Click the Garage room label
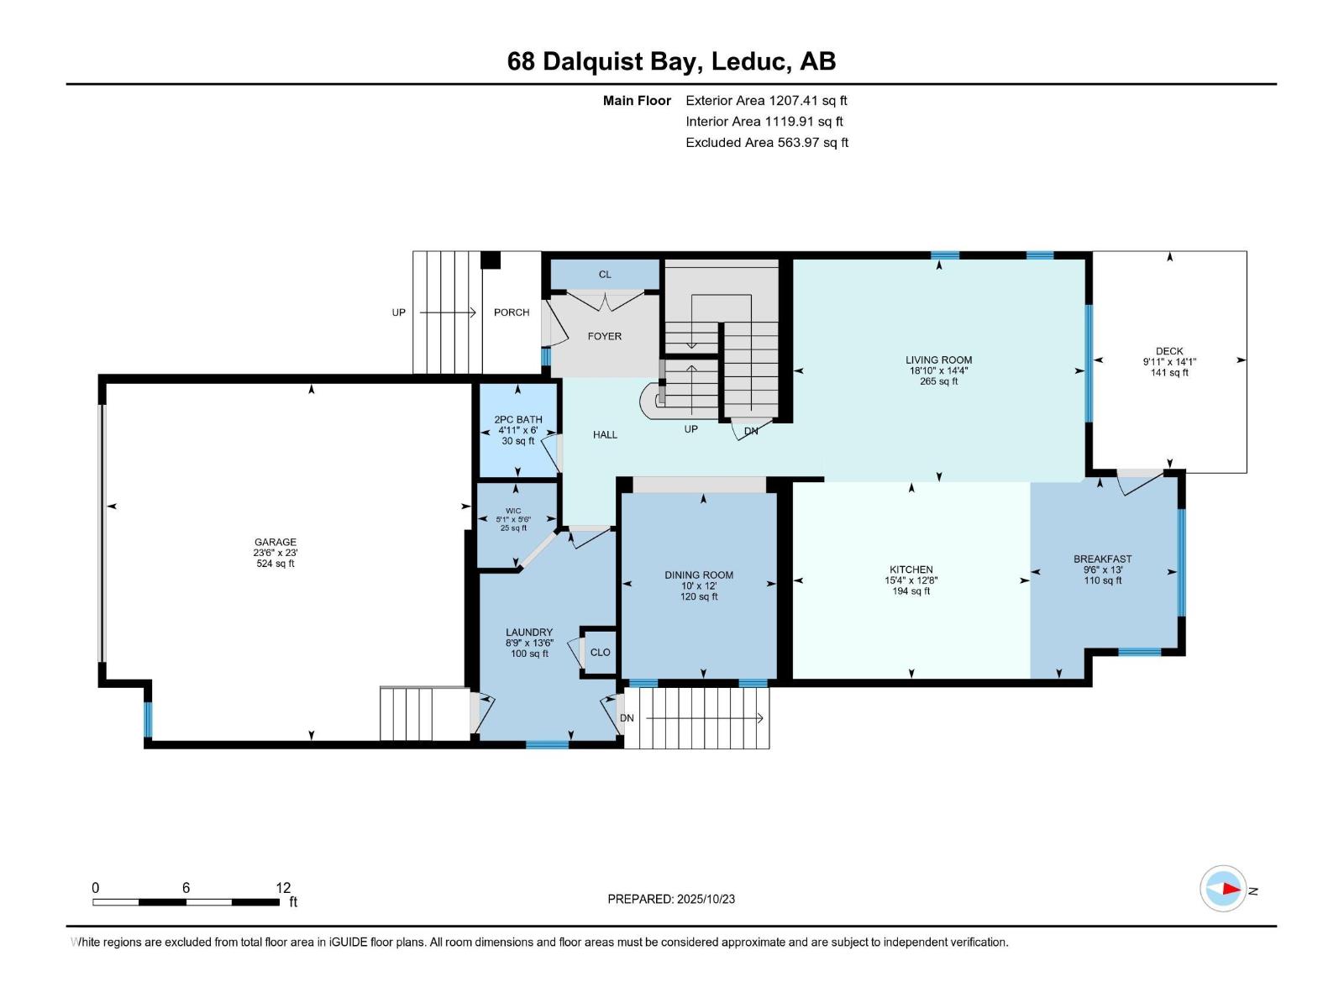click(x=276, y=543)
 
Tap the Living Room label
click(x=938, y=360)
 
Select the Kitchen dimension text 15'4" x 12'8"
click(x=911, y=580)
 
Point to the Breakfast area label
click(x=1102, y=559)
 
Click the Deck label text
click(x=1169, y=351)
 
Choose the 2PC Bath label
click(x=518, y=419)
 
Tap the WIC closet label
click(x=513, y=511)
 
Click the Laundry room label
click(x=529, y=633)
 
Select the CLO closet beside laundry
click(x=600, y=653)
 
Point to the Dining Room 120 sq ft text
click(x=699, y=597)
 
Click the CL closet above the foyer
click(x=605, y=275)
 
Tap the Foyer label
click(x=605, y=336)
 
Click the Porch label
click(x=512, y=312)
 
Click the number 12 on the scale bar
click(x=283, y=888)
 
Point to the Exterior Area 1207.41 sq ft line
click(x=766, y=100)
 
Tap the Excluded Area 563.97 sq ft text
click(x=766, y=142)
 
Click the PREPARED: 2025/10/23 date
click(x=671, y=899)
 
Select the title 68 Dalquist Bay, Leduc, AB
click(x=671, y=61)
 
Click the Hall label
click(x=605, y=435)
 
